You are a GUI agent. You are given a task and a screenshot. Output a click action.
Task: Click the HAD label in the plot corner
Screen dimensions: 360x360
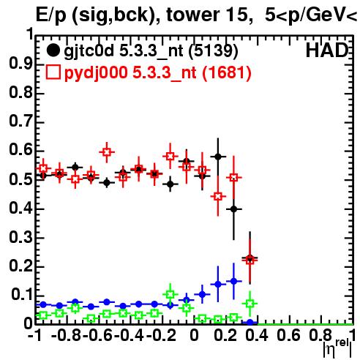click(x=327, y=50)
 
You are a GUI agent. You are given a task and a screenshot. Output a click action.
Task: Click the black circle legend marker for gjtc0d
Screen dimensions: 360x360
click(x=53, y=50)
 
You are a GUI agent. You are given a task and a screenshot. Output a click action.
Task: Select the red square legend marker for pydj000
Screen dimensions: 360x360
click(x=53, y=72)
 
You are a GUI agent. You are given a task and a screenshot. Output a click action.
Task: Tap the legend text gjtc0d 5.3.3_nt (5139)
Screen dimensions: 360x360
click(x=151, y=51)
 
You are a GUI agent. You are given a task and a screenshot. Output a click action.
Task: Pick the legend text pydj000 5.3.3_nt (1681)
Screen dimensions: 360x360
click(x=158, y=72)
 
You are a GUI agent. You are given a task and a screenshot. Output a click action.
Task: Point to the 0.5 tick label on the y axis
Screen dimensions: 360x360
click(x=20, y=180)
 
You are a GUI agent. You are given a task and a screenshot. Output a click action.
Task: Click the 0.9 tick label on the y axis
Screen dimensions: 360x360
click(x=20, y=64)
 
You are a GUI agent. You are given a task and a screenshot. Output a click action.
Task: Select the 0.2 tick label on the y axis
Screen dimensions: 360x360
click(x=20, y=266)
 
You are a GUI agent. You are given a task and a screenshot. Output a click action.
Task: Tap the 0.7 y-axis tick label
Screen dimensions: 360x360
click(x=20, y=121)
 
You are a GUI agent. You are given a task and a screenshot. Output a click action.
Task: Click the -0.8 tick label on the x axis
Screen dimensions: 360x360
click(x=67, y=336)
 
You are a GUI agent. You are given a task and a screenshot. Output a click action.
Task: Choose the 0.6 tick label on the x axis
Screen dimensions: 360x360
click(x=288, y=336)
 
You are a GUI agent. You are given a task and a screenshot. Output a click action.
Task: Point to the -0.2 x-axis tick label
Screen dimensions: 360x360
click(x=161, y=336)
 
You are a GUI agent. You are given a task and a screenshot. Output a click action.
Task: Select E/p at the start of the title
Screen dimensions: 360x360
click(x=51, y=16)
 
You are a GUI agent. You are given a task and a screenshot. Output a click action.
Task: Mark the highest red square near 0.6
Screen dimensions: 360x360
click(x=107, y=152)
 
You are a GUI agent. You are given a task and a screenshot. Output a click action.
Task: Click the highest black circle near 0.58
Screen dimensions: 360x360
click(x=218, y=157)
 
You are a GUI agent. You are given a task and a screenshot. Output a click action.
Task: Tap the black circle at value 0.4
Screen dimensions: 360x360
click(x=233, y=209)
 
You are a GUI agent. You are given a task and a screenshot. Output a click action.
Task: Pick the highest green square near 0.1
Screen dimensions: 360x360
click(x=170, y=294)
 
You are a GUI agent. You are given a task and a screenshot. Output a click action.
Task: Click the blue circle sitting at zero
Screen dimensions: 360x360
click(x=250, y=323)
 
